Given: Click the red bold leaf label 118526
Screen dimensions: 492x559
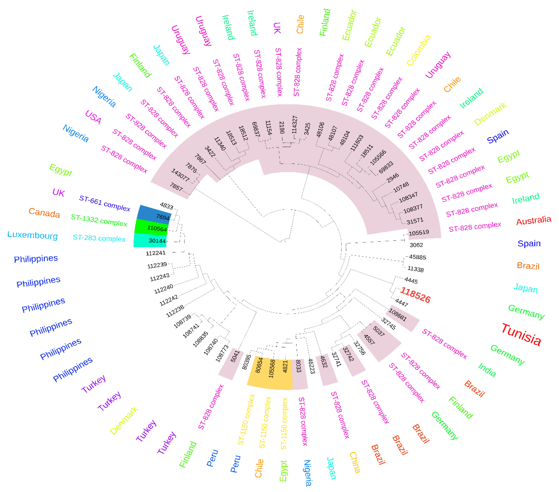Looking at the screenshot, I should click(x=415, y=295).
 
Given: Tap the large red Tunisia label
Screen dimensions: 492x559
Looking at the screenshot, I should click(x=521, y=334).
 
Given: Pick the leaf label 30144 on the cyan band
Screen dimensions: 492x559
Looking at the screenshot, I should click(x=157, y=241).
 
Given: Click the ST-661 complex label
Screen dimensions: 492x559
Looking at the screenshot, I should click(x=104, y=203).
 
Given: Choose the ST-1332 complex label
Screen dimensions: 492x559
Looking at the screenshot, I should click(x=99, y=220).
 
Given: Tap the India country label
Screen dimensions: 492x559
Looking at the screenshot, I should click(x=487, y=370).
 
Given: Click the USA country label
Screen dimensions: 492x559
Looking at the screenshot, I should click(x=93, y=117).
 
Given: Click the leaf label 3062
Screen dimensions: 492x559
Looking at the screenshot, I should click(x=416, y=245).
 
